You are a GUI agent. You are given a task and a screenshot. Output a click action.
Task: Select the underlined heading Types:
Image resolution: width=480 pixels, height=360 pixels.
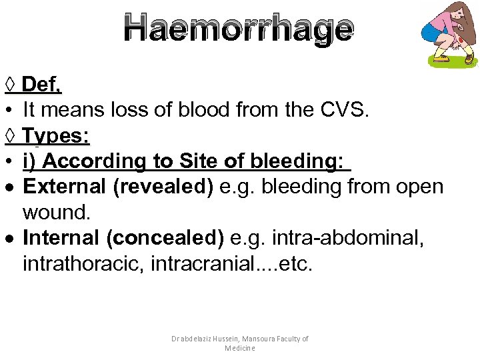click(57, 135)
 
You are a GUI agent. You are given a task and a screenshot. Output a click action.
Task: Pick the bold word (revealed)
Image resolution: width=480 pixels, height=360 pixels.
click(163, 187)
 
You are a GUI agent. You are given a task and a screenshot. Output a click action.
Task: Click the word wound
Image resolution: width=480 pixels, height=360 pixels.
click(55, 213)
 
